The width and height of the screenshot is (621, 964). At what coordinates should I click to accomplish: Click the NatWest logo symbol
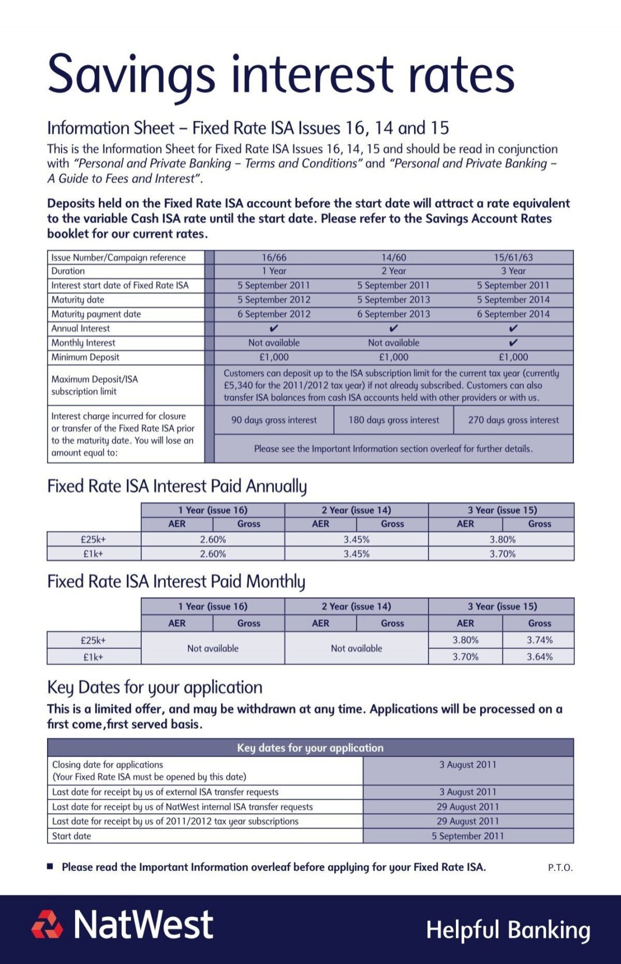coord(47,924)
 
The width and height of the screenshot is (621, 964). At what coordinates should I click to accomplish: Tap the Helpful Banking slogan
coord(508,930)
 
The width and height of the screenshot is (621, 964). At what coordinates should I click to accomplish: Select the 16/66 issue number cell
coord(274,258)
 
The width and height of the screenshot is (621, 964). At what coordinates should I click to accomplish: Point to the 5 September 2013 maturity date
coord(394,299)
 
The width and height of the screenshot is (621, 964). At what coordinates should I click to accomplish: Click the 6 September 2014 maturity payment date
coord(513,314)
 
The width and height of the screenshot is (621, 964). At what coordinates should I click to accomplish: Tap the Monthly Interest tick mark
coord(513,342)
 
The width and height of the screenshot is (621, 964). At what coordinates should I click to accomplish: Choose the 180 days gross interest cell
coord(394,420)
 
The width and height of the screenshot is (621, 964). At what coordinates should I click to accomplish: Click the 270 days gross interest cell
coord(513,420)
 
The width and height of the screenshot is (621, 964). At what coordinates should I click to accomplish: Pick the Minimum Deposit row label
coord(85,357)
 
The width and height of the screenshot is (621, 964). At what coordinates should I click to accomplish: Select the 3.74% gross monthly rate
coord(540,640)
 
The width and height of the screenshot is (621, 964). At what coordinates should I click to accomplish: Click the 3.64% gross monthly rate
coord(540,656)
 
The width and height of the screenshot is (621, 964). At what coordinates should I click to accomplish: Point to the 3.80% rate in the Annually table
coord(502,540)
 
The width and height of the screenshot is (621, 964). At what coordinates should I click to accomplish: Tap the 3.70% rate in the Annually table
coord(502,554)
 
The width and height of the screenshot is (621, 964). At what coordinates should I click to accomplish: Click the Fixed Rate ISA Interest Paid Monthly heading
coord(176,581)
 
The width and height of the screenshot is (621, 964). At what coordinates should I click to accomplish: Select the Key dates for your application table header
coord(310,748)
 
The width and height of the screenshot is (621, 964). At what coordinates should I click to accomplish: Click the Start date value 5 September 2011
coord(467,836)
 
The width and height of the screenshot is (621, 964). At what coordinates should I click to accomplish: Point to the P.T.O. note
coord(560,867)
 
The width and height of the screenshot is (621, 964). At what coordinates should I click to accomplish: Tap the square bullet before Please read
coord(51,866)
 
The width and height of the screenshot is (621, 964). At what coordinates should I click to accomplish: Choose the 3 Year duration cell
coord(513,271)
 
